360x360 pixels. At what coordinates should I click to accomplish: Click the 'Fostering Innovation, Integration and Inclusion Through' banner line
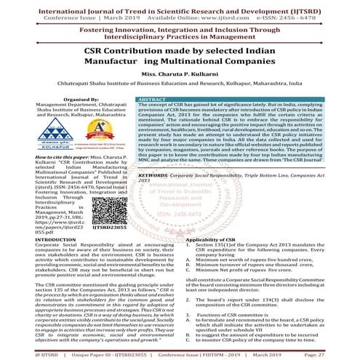[180, 28]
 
